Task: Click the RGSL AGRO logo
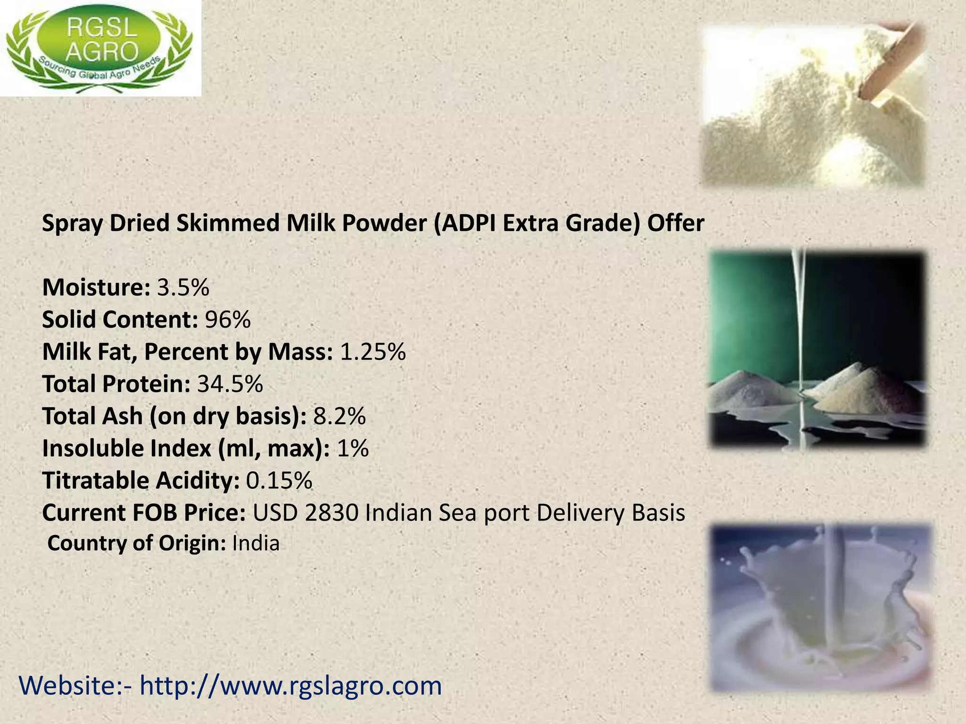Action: (x=100, y=48)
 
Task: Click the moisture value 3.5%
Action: (x=183, y=288)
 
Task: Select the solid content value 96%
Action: (x=227, y=320)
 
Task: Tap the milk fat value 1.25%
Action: (x=373, y=352)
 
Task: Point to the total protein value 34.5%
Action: (x=230, y=384)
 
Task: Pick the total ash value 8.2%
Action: (x=340, y=416)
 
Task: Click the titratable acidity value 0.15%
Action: (x=279, y=480)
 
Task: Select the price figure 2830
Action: (x=332, y=513)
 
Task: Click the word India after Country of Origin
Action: (x=256, y=543)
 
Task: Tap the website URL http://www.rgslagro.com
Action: (x=291, y=686)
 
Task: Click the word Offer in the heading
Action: (x=675, y=223)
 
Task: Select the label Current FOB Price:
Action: (x=143, y=513)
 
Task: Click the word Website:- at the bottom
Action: (x=75, y=686)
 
